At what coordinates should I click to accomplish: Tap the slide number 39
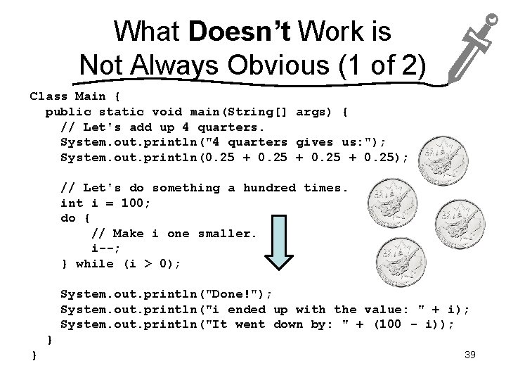(x=470, y=355)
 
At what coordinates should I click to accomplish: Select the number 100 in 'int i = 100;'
(x=136, y=203)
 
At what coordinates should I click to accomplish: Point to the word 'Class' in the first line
(x=48, y=96)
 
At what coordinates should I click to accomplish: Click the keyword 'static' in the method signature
(x=121, y=111)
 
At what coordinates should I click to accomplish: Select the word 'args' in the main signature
(x=311, y=111)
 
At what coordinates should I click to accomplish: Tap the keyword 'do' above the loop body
(x=68, y=218)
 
